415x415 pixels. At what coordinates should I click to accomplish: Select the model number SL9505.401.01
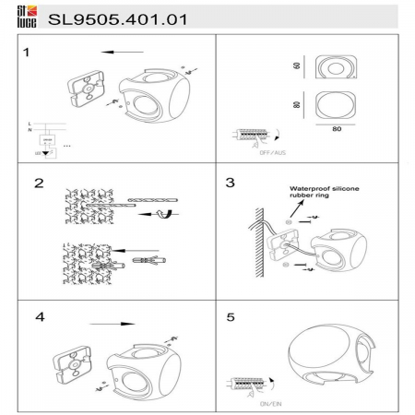pos(110,16)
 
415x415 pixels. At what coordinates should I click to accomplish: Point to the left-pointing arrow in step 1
pos(115,53)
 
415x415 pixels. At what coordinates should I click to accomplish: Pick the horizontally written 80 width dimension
pos(337,129)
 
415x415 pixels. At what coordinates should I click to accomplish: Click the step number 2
pos(39,183)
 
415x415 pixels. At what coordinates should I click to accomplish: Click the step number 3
pos(230,182)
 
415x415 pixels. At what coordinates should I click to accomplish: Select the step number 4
pos(39,316)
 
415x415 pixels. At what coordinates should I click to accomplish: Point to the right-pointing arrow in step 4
pos(115,324)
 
